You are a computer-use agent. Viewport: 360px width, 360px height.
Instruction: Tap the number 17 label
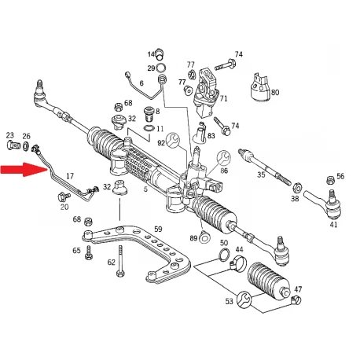[70, 175]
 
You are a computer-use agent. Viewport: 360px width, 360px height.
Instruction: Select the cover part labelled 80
[259, 88]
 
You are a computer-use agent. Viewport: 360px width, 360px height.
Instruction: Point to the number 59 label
[158, 229]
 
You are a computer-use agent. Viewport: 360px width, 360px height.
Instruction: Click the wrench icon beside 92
[173, 140]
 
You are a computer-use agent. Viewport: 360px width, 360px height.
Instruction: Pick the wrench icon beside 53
[244, 299]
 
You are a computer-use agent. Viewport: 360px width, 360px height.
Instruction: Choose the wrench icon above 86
[223, 158]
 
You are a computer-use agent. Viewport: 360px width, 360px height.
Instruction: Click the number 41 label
[333, 225]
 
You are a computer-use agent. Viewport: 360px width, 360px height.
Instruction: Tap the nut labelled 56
[330, 180]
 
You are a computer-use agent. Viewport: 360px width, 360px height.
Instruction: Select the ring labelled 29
[160, 68]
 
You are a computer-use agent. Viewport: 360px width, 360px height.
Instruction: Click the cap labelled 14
[160, 53]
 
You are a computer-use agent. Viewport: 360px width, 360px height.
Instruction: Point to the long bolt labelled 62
[120, 261]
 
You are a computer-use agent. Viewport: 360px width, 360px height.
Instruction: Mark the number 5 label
[145, 189]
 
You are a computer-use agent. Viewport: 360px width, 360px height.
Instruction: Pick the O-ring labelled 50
[224, 254]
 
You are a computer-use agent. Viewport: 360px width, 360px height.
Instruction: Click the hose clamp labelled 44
[238, 263]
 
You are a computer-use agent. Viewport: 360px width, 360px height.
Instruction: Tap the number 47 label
[298, 289]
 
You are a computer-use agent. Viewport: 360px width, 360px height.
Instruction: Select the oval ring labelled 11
[149, 128]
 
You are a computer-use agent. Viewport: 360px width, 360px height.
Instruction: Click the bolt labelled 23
[13, 145]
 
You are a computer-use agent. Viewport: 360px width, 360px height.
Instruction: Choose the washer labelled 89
[204, 238]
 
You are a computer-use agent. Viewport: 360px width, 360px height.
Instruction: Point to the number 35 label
[261, 174]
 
